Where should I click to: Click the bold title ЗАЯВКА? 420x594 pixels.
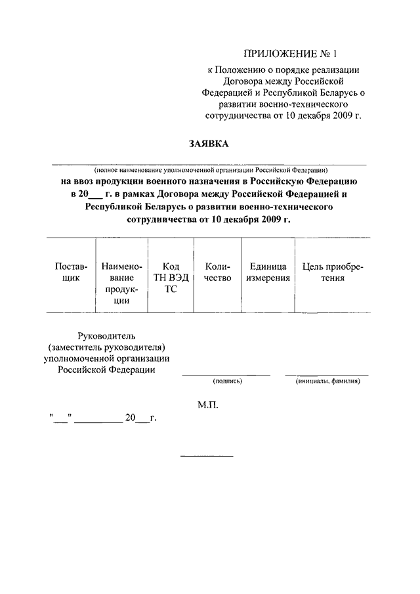[209, 144]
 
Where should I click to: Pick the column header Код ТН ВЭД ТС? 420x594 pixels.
[171, 278]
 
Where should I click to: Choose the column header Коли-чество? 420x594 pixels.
[218, 272]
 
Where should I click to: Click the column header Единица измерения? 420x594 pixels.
[268, 272]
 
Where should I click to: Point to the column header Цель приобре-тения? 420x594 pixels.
[332, 272]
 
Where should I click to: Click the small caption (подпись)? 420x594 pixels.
[227, 381]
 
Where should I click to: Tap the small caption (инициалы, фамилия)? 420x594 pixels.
[327, 381]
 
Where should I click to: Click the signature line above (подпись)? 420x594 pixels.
[226, 375]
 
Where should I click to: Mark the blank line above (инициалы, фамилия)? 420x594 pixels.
[327, 375]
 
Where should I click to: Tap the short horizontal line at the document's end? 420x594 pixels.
[207, 456]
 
